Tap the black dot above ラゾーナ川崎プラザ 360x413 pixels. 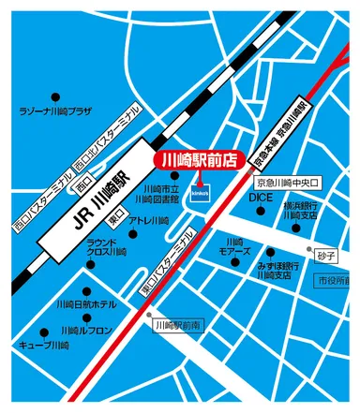point(54,96)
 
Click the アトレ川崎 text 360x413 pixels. point(149,220)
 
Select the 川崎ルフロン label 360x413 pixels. point(90,331)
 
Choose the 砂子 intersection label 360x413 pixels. point(325,254)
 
